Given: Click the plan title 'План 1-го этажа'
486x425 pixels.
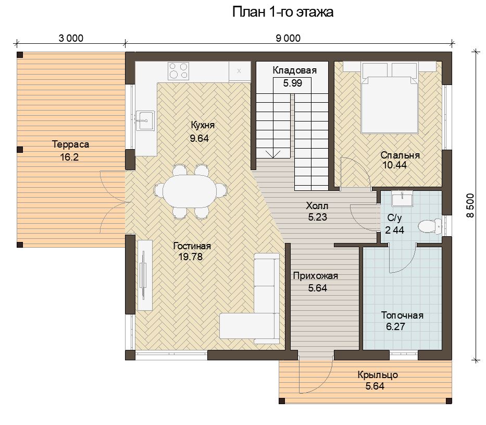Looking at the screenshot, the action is (283, 12).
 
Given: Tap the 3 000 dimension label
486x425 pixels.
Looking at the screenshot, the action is (71, 38).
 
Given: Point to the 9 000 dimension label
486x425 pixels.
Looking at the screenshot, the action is (288, 38).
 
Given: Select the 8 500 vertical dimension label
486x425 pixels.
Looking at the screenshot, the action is (470, 205).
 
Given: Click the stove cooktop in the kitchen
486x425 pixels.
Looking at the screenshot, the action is (178, 71).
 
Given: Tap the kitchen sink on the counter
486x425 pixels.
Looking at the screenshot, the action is (145, 120).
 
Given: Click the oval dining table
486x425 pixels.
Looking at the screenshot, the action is (190, 192).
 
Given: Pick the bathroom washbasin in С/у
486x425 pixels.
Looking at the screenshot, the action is (402, 199).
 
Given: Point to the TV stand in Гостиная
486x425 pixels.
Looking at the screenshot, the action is (145, 275).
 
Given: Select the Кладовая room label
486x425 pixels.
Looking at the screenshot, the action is (294, 70).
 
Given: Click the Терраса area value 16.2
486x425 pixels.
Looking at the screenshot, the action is (69, 157).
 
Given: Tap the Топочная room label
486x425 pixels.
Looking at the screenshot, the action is (402, 315).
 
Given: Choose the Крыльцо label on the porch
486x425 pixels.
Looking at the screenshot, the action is (378, 375).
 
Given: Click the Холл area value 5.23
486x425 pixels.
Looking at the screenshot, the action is (317, 217).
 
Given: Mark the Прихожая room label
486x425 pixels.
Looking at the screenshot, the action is (315, 276).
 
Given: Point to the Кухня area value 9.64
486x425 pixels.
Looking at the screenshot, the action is (200, 138).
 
